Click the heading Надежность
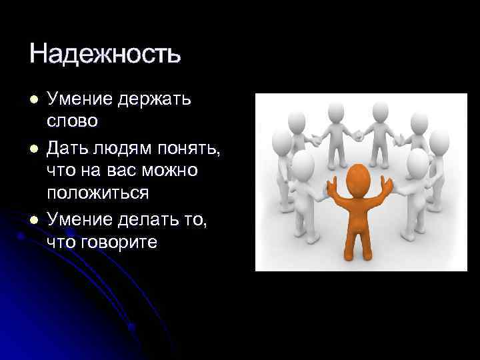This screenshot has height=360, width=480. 105,53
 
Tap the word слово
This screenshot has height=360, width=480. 72,122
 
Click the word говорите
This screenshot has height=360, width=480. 120,241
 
